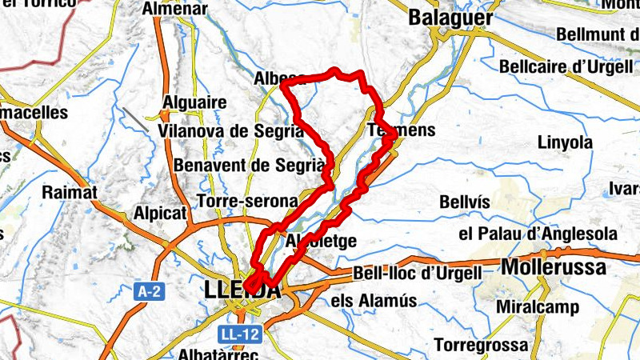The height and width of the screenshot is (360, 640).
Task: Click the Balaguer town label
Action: click(x=450, y=16)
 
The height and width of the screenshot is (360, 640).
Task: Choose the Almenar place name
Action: click(x=174, y=10)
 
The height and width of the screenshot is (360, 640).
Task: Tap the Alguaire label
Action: click(x=194, y=102)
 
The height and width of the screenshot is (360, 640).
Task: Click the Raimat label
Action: click(x=70, y=192)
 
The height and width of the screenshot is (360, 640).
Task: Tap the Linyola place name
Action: click(x=565, y=142)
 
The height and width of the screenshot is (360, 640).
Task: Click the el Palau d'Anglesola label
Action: click(x=538, y=234)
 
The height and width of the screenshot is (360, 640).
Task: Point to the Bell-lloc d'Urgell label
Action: click(x=417, y=274)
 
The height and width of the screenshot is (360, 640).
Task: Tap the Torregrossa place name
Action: click(x=481, y=346)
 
